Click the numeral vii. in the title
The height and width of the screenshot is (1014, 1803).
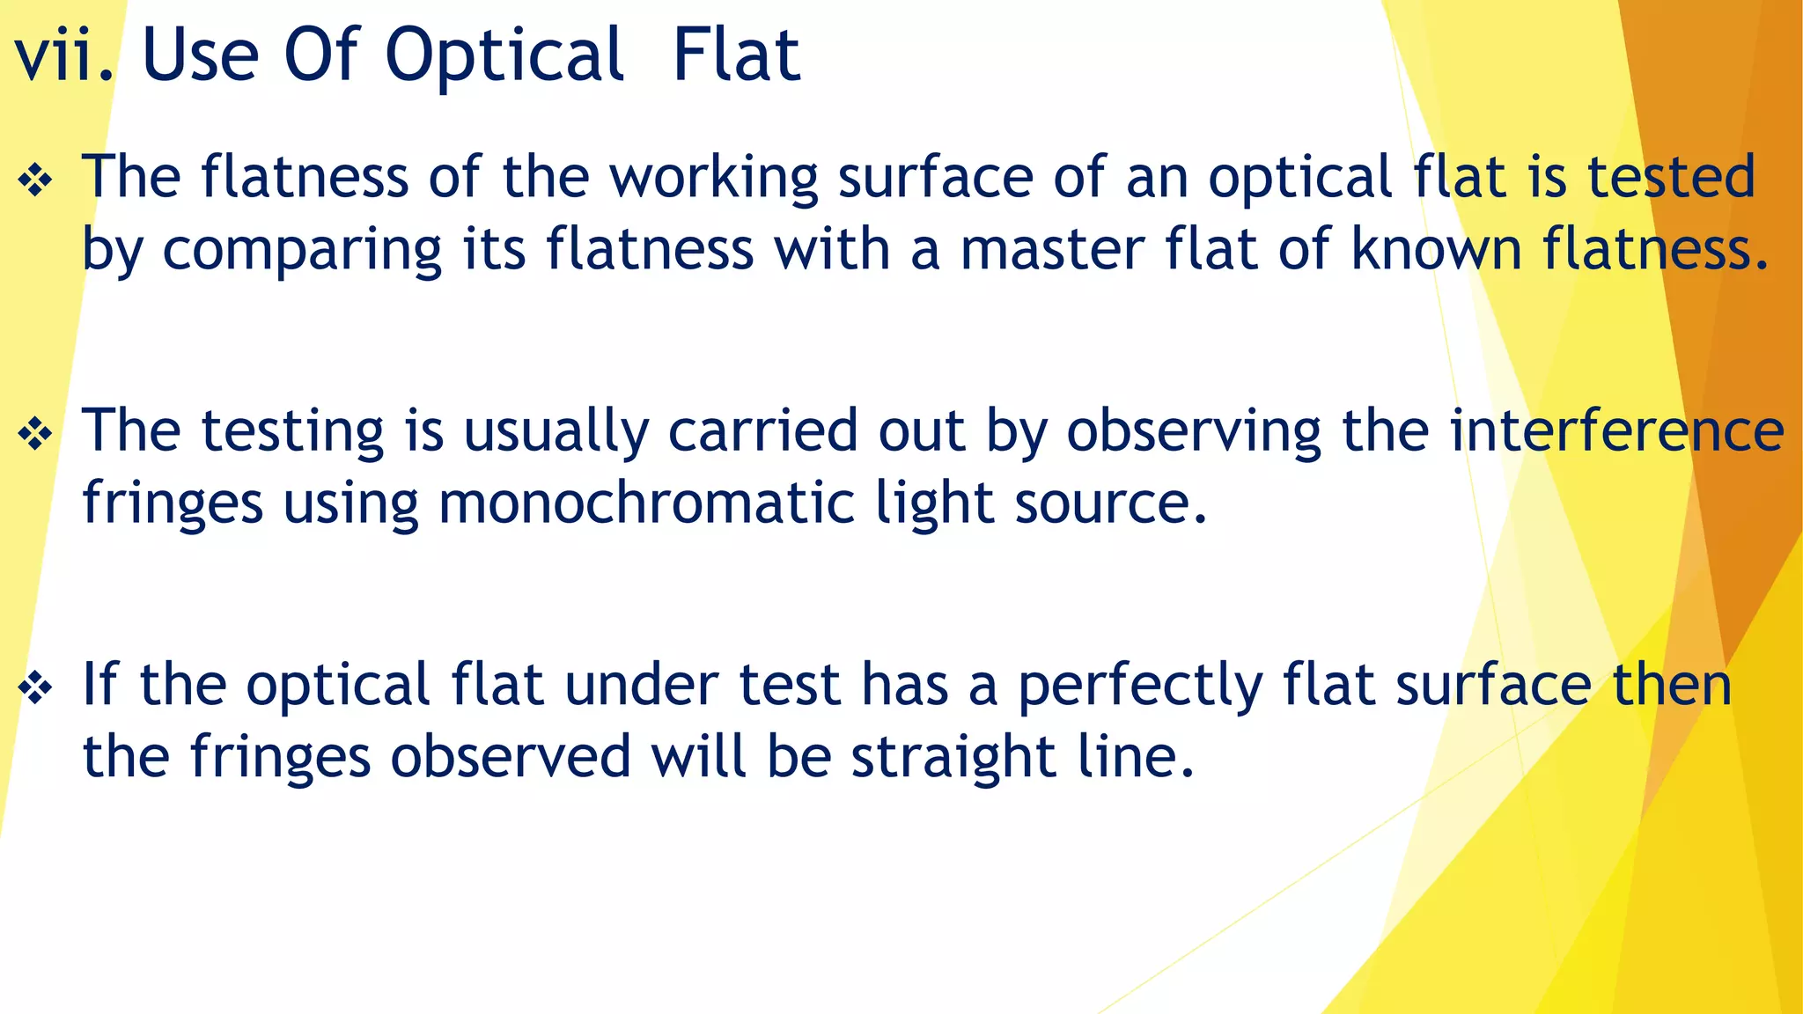point(64,55)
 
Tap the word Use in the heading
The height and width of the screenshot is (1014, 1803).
point(200,55)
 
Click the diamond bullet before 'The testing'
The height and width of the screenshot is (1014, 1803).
point(35,435)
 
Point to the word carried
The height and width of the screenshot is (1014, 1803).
point(762,431)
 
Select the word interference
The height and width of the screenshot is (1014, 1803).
point(1616,431)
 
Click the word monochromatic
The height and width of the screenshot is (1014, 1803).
point(647,504)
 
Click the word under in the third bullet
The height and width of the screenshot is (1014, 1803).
point(641,686)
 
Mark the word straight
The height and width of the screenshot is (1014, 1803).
point(953,760)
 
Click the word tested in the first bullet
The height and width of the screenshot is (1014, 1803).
point(1671,177)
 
